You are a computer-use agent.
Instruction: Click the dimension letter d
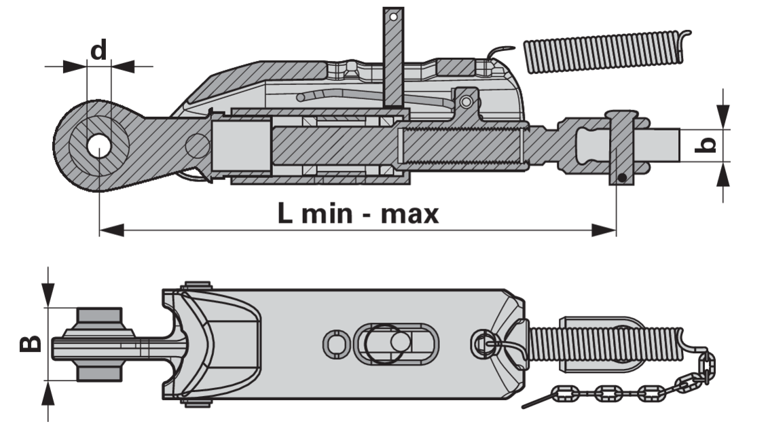pyautogui.click(x=98, y=51)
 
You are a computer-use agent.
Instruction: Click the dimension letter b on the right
pyautogui.click(x=707, y=145)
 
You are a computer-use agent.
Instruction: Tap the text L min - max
pyautogui.click(x=358, y=214)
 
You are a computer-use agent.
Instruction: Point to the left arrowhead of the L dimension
pyautogui.click(x=111, y=230)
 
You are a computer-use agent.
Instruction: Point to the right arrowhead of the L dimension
pyautogui.click(x=604, y=230)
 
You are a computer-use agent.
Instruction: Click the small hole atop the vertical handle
pyautogui.click(x=393, y=17)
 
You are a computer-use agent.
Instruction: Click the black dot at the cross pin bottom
pyautogui.click(x=622, y=178)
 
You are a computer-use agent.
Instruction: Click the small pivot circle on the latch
pyautogui.click(x=466, y=102)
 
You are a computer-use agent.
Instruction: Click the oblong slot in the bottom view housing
pyautogui.click(x=396, y=344)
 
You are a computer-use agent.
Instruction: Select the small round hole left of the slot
pyautogui.click(x=336, y=344)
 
